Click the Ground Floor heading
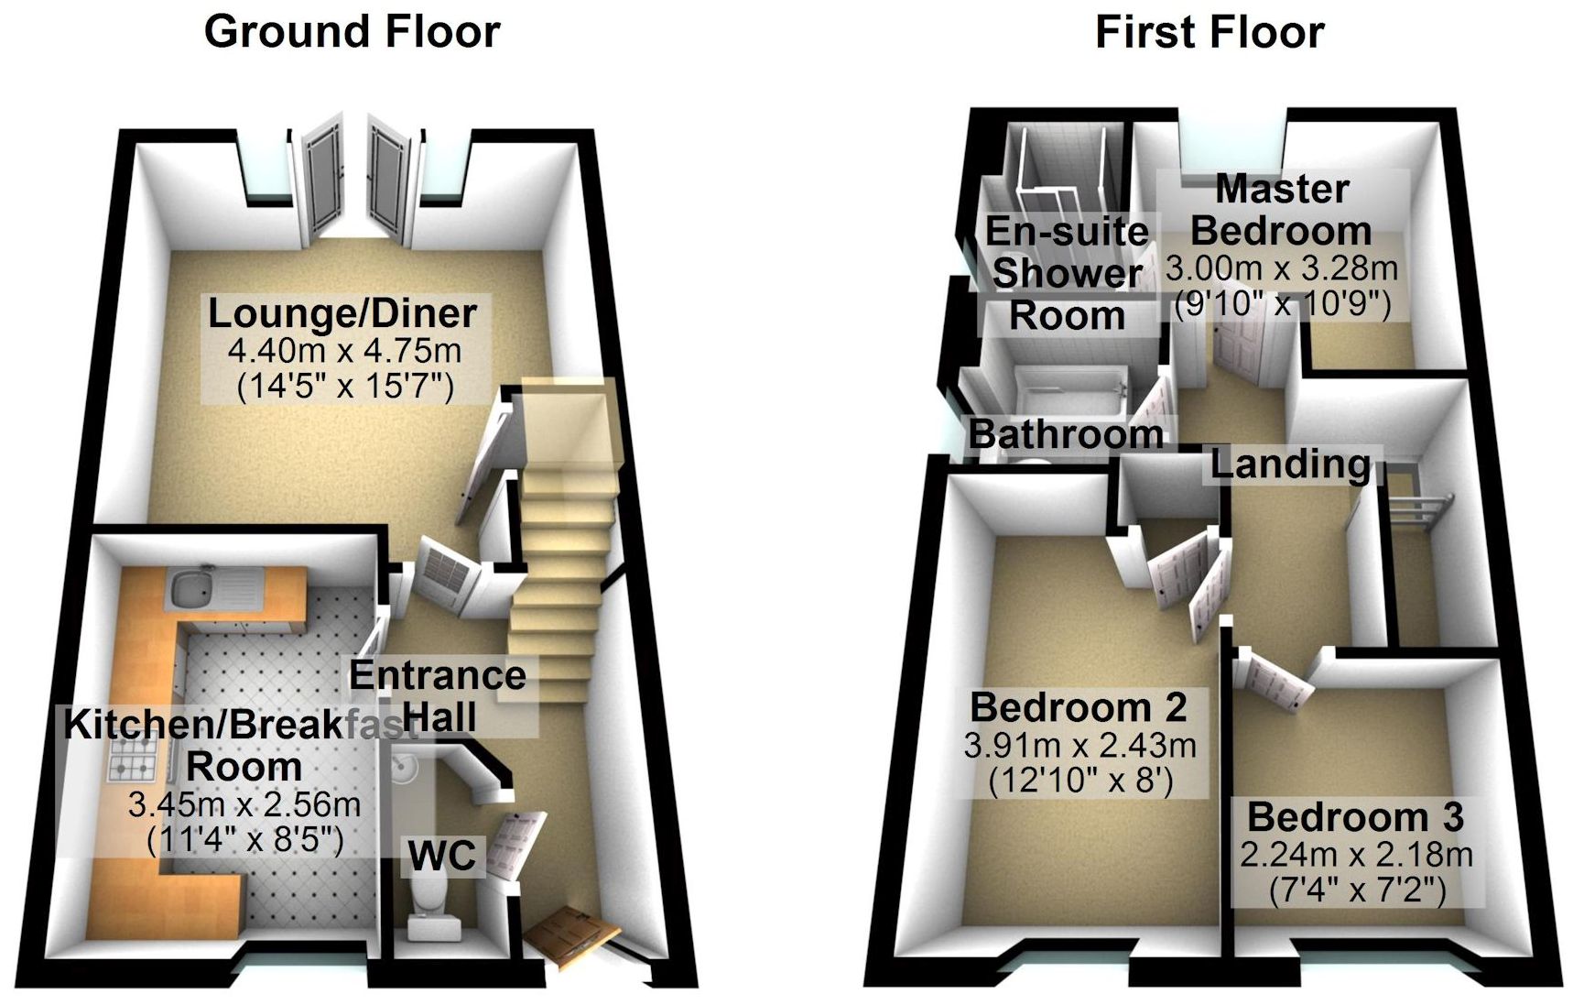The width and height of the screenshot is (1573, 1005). click(352, 32)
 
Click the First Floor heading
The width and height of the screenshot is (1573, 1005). click(1210, 32)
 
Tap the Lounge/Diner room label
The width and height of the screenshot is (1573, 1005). click(342, 313)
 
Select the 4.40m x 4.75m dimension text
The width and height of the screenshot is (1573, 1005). click(344, 351)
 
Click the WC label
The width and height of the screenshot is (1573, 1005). click(442, 856)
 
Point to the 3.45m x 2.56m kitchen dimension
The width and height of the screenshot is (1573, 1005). click(244, 805)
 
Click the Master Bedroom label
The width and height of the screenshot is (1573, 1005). click(1281, 210)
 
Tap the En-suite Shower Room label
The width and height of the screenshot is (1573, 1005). click(1067, 273)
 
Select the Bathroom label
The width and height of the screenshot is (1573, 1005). click(1067, 433)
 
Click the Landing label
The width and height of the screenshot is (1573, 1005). click(1290, 464)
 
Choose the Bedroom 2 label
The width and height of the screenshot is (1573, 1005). click(1079, 707)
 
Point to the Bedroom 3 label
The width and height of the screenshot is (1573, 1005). click(1355, 816)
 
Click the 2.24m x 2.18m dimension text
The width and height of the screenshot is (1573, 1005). click(1356, 855)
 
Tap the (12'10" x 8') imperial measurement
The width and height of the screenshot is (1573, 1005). click(1081, 781)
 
